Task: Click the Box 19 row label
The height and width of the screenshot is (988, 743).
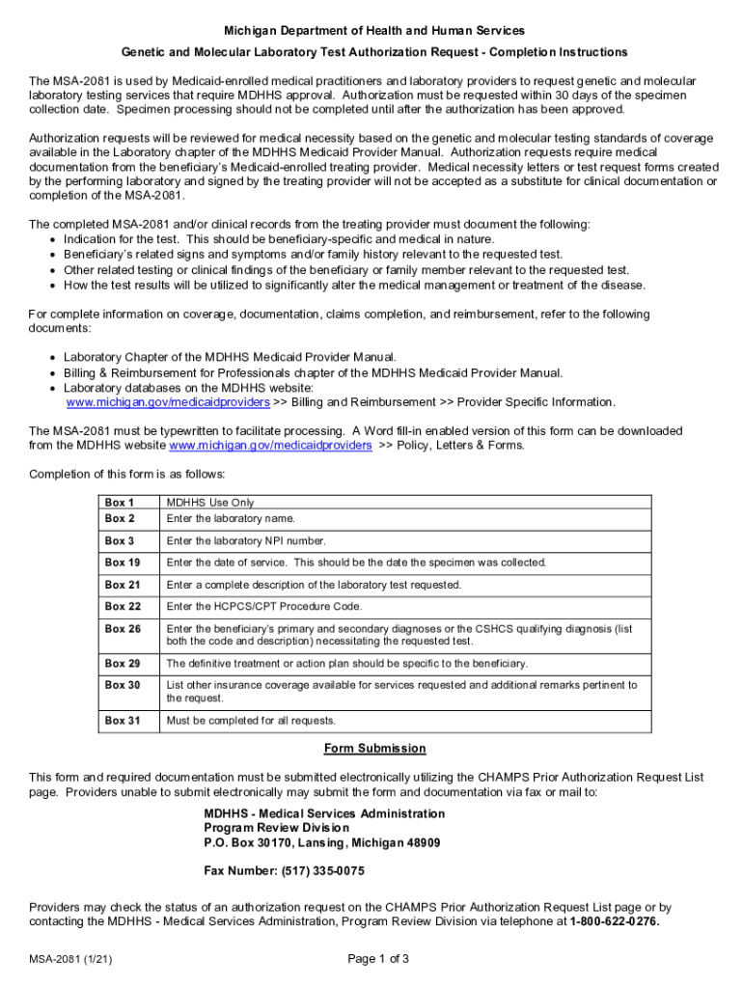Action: pos(123,563)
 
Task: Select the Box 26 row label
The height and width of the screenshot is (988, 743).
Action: pos(123,629)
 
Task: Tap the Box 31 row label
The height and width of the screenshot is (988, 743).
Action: pos(123,721)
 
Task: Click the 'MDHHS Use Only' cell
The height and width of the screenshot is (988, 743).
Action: pos(210,503)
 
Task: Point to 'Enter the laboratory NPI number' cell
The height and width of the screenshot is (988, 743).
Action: pos(246,541)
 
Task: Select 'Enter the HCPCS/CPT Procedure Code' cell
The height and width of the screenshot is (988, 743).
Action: pos(263,607)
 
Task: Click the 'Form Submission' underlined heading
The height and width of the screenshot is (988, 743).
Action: pos(374,749)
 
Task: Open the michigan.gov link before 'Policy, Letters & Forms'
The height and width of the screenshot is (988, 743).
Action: pos(270,446)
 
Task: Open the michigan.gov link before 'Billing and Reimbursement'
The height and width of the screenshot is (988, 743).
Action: pos(168,402)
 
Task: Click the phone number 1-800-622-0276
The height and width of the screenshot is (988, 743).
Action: pos(614,921)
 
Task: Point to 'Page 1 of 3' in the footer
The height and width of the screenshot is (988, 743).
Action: pos(377,959)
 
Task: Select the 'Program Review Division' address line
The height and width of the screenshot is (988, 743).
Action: pos(276,828)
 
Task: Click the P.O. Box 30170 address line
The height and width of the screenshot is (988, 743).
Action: pos(321,842)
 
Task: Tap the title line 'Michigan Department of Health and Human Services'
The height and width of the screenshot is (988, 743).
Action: pos(373,32)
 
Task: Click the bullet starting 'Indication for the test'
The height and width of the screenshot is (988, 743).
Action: pos(278,239)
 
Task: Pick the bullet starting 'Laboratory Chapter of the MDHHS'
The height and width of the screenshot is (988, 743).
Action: pos(230,357)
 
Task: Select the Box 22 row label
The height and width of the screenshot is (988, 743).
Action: pos(123,607)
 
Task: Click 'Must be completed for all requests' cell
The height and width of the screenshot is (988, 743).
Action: pos(251,721)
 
